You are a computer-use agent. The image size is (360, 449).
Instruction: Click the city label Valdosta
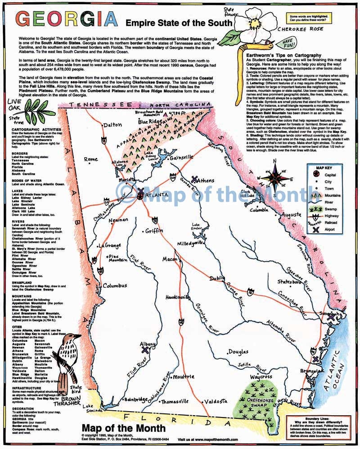(215, 401)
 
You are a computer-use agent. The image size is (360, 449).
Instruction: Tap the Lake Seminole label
(91, 408)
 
